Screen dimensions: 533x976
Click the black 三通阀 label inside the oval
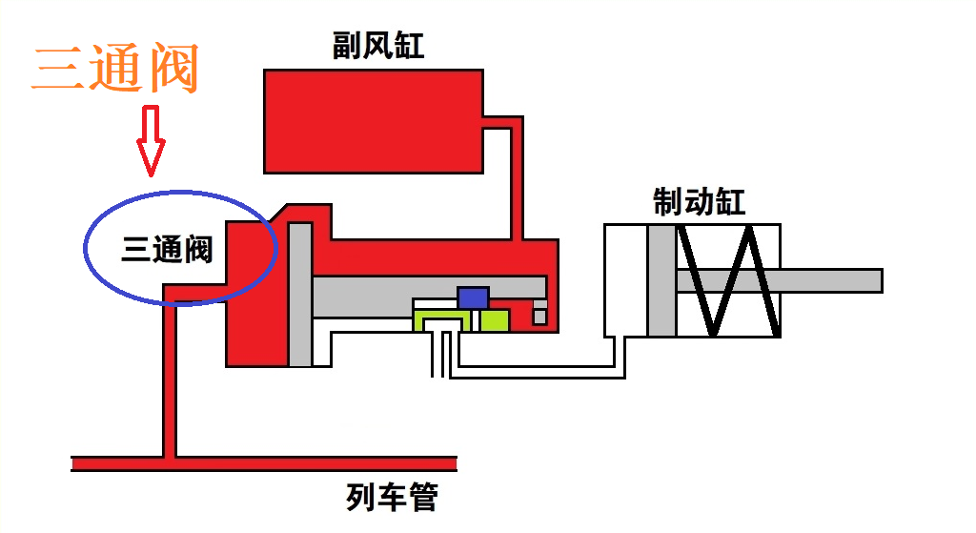click(x=167, y=250)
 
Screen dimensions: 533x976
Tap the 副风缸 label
click(x=378, y=45)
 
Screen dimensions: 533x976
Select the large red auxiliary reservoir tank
click(x=373, y=120)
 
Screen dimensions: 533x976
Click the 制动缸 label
click(x=699, y=202)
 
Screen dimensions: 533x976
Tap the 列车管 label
click(x=392, y=498)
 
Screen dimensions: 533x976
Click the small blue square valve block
click(x=473, y=297)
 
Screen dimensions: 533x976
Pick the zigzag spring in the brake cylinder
click(x=728, y=281)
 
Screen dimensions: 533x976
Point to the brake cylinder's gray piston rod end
click(x=872, y=281)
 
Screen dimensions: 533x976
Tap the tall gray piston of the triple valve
click(x=300, y=294)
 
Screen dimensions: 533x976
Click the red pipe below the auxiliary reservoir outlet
click(x=518, y=181)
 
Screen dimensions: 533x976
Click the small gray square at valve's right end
click(x=540, y=317)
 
